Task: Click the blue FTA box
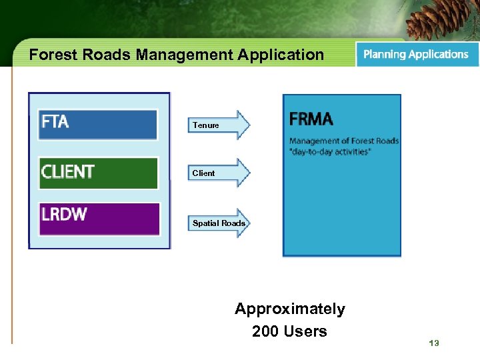click(98, 124)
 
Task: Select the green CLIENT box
click(98, 173)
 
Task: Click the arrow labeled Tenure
click(219, 125)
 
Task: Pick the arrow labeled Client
click(219, 173)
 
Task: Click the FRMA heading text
click(311, 119)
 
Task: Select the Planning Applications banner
click(416, 55)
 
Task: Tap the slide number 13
click(434, 343)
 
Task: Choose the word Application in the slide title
click(282, 55)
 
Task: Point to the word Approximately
click(289, 309)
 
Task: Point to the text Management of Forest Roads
click(343, 140)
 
